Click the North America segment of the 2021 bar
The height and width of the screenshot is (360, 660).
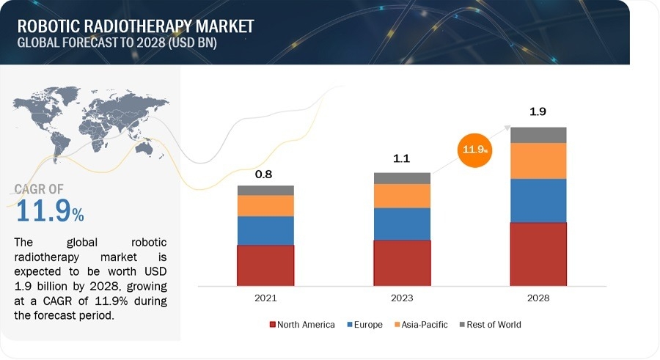coord(265,265)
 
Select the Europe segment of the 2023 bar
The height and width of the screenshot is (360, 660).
coord(402,224)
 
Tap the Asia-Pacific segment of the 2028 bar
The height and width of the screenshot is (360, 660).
coord(538,161)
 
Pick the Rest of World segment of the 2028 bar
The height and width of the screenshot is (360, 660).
coord(538,135)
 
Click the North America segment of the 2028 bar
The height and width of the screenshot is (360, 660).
coord(538,253)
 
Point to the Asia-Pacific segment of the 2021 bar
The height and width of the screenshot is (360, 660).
coord(265,205)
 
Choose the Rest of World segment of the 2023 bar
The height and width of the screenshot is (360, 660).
coord(402,178)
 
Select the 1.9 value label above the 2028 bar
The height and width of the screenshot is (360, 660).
coord(538,112)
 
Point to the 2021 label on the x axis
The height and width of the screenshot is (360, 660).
coord(265,298)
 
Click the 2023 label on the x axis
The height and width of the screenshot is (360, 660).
coord(402,298)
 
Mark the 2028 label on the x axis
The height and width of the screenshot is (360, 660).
coord(538,298)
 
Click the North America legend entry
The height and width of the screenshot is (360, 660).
coord(302,324)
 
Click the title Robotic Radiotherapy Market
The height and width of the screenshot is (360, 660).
coord(136,26)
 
